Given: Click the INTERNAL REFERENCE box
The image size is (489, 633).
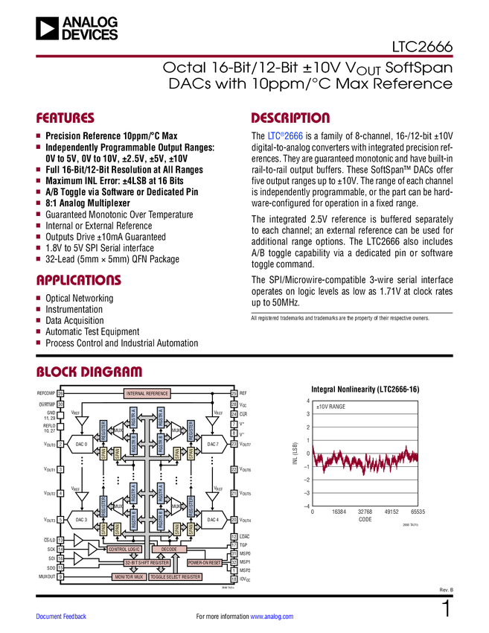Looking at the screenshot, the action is click(x=147, y=393).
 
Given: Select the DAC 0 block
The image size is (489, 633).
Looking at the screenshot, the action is click(x=81, y=445).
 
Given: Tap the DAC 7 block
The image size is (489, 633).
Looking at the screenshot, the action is click(x=213, y=445).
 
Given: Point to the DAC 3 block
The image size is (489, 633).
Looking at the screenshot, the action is click(x=81, y=519).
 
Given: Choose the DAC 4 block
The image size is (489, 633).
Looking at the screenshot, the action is click(x=213, y=519).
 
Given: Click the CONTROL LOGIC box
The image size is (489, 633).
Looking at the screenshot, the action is click(x=124, y=549).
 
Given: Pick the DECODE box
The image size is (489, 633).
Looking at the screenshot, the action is click(x=169, y=549).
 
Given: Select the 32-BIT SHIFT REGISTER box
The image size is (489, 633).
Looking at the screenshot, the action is click(x=147, y=563).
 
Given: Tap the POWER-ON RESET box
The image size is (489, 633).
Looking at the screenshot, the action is click(x=203, y=563).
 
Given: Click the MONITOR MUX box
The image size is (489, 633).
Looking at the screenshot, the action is click(x=129, y=577).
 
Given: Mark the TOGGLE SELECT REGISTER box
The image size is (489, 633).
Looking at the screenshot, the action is click(x=176, y=577).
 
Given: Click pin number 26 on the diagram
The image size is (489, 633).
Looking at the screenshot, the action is click(x=60, y=393).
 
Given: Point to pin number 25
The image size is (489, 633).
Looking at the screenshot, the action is click(x=234, y=393).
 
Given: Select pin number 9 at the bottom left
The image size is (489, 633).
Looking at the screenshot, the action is click(x=60, y=577).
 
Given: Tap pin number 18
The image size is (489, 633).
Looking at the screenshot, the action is click(x=234, y=579).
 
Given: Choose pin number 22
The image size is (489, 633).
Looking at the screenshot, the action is click(x=234, y=470).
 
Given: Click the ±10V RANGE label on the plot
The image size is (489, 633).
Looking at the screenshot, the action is click(x=331, y=407).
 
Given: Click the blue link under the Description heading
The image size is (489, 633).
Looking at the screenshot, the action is click(x=285, y=137).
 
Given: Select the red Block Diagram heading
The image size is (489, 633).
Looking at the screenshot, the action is click(x=89, y=372).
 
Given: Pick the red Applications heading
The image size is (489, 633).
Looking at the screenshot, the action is click(x=79, y=281).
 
